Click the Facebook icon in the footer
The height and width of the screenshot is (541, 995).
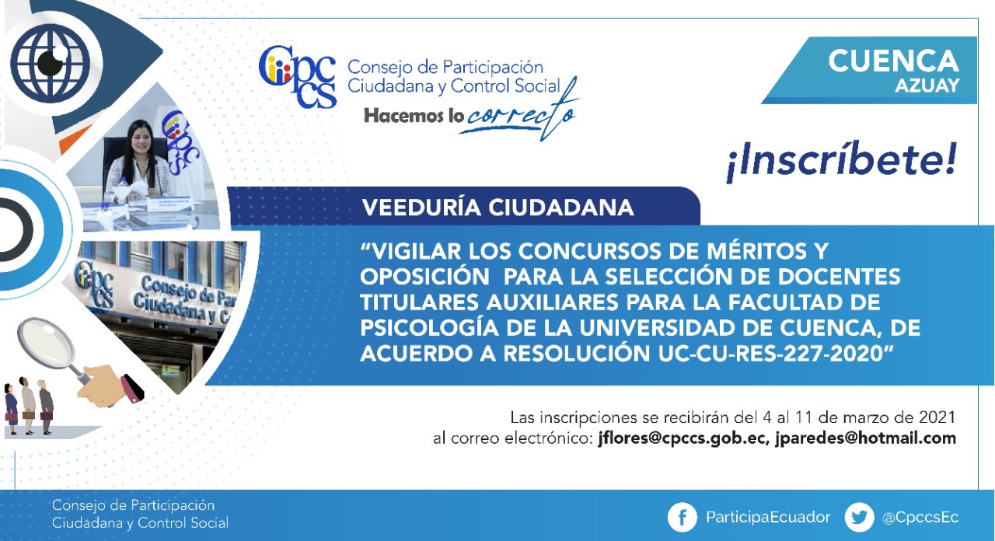[x=683, y=518]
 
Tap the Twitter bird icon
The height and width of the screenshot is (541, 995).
[x=859, y=518]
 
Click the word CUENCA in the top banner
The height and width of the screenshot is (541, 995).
[x=893, y=61]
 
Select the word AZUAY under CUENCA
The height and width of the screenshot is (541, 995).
[x=927, y=86]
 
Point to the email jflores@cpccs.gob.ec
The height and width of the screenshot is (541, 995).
[x=683, y=439]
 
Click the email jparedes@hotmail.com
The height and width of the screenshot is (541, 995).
[x=866, y=439]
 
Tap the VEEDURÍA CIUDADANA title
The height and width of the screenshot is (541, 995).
[x=497, y=208]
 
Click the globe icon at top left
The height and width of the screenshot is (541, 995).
[x=51, y=64]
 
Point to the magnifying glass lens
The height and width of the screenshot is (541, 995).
[x=45, y=343]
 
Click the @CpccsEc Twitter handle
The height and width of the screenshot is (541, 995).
[x=920, y=518]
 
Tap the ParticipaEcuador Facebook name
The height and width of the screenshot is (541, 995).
[x=768, y=518]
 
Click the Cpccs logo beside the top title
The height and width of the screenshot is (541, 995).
[x=298, y=77]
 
